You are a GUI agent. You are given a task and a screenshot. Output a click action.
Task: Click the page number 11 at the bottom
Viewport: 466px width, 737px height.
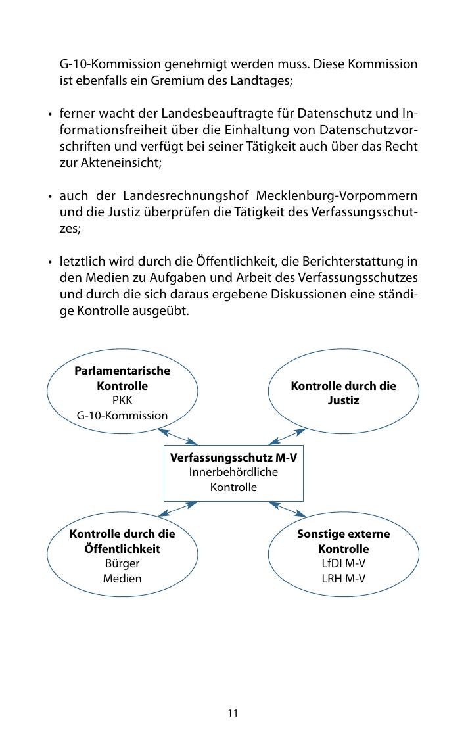pos(233,713)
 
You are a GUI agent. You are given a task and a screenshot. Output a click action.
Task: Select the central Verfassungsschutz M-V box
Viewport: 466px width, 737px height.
pos(233,472)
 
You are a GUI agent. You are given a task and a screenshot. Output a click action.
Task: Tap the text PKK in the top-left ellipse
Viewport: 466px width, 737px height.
pos(122,400)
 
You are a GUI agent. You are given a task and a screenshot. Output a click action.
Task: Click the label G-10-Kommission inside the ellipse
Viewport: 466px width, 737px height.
pos(122,416)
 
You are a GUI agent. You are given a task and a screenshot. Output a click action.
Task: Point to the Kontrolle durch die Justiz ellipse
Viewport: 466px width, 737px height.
pos(343,392)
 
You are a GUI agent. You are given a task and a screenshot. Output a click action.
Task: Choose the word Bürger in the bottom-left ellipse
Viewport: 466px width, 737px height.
pos(122,564)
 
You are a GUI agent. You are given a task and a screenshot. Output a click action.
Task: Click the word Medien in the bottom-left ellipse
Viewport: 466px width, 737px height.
pos(122,579)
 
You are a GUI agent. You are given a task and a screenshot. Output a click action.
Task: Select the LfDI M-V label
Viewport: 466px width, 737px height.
pos(343,564)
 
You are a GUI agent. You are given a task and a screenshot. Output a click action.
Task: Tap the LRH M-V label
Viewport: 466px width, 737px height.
pos(343,579)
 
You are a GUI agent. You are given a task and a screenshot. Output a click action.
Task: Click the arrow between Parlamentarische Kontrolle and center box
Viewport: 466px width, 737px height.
pos(177,437)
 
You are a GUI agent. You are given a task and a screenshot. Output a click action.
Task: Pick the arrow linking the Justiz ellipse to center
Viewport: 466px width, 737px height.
pos(287,437)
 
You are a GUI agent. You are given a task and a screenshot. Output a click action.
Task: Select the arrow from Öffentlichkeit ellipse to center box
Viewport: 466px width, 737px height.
pos(177,508)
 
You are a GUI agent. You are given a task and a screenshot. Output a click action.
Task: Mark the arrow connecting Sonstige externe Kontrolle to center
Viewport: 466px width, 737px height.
pos(287,508)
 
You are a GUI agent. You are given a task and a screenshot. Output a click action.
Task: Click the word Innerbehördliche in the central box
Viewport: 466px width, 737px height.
pos(233,472)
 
